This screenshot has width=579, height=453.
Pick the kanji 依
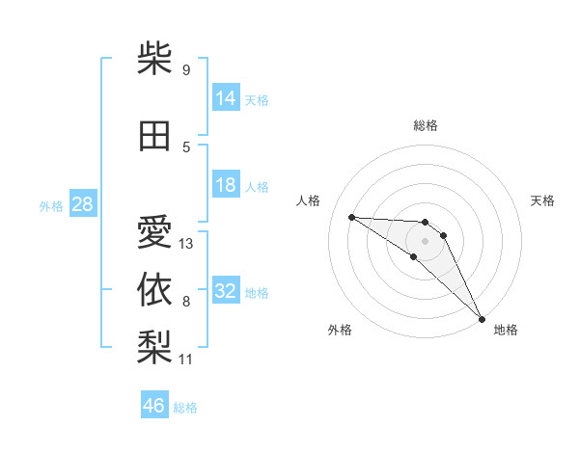tap(154, 288)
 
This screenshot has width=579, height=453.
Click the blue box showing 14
tap(226, 97)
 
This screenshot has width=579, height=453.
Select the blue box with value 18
tap(226, 185)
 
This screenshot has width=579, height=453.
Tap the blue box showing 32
tap(226, 291)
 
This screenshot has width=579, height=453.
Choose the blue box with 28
tap(82, 204)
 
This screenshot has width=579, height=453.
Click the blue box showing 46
tap(154, 406)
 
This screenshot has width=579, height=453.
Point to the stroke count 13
tap(186, 244)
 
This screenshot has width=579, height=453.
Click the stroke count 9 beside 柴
tap(185, 70)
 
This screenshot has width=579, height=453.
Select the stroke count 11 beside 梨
tap(185, 360)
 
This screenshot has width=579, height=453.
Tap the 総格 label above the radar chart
tap(426, 125)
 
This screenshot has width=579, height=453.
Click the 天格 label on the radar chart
tap(542, 200)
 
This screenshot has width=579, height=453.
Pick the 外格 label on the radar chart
tap(340, 330)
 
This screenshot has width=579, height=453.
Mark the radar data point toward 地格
tap(482, 318)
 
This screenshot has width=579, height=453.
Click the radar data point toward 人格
tap(351, 217)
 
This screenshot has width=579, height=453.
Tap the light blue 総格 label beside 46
tap(186, 408)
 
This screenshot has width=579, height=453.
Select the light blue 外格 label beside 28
tap(51, 205)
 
